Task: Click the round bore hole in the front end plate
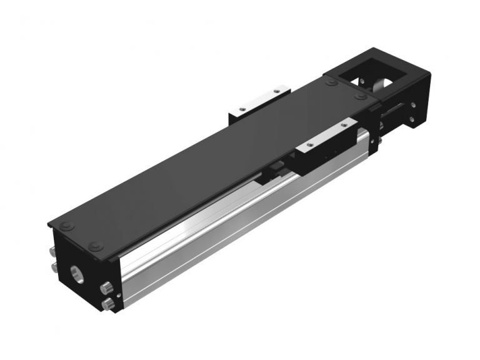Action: (x=76, y=273)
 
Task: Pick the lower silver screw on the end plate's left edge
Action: (x=51, y=269)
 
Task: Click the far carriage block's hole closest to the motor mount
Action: (x=276, y=92)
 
